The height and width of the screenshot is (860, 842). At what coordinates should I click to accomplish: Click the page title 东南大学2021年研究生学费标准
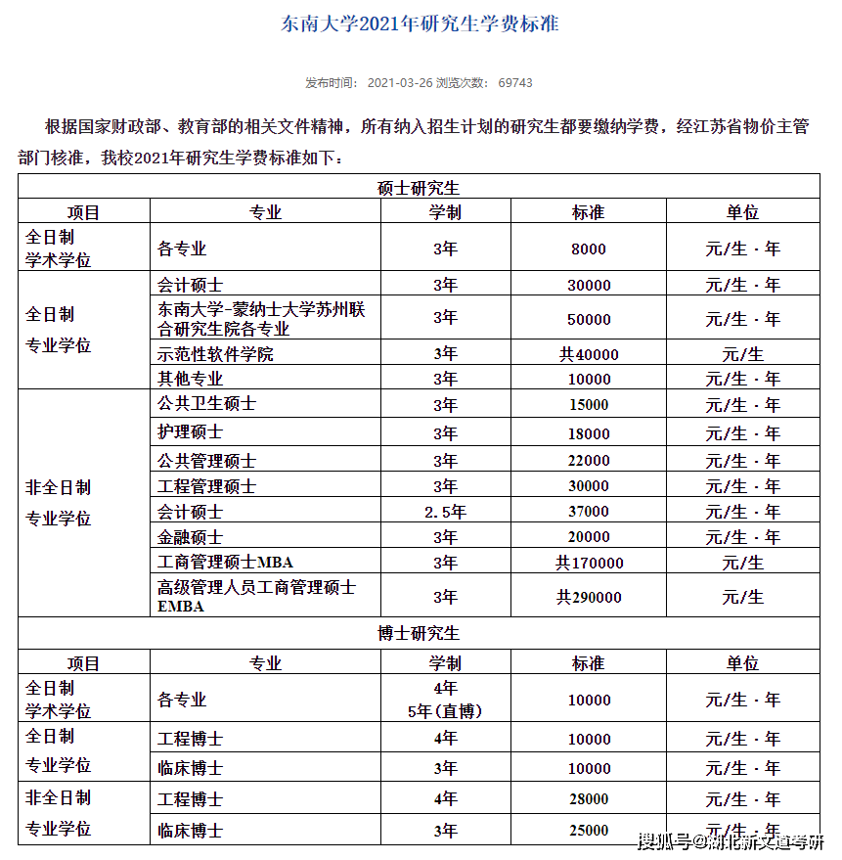[x=421, y=24]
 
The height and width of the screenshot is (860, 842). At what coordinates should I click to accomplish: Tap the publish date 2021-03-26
[x=399, y=83]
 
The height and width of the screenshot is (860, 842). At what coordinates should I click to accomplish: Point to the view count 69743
[x=515, y=83]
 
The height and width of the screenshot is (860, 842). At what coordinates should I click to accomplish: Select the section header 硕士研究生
[x=419, y=187]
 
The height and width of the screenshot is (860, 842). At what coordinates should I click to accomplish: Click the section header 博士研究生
[x=419, y=633]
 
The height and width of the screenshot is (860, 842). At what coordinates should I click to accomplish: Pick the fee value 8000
[x=588, y=249]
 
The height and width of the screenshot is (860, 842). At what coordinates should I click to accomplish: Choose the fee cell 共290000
[x=589, y=597]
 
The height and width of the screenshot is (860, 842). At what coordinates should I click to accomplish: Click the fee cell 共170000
[x=589, y=563]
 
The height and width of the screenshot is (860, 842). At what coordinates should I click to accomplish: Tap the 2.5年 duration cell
[x=445, y=512]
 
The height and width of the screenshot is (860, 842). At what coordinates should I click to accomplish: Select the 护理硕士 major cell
[x=191, y=432]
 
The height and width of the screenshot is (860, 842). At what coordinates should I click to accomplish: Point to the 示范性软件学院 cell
[x=215, y=354]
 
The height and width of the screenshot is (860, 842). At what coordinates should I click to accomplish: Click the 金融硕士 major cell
[x=191, y=537]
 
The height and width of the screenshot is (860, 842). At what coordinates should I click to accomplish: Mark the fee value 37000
[x=588, y=512]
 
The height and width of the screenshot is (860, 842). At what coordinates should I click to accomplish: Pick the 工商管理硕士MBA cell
[x=226, y=563]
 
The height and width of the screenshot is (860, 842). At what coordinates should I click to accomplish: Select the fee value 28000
[x=588, y=799]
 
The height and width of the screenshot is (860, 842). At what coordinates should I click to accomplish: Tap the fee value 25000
[x=588, y=831]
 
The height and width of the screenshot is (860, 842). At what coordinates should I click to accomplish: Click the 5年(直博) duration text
[x=445, y=711]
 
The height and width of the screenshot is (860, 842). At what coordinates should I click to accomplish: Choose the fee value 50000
[x=588, y=320]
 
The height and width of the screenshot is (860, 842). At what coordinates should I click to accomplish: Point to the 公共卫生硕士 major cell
[x=206, y=404]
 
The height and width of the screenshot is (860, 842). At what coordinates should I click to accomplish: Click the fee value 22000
[x=588, y=461]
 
